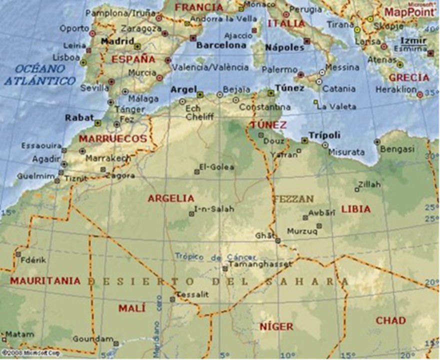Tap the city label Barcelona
(x=221, y=45)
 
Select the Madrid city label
(x=117, y=41)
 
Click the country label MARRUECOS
(x=113, y=138)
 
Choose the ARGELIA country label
(x=170, y=198)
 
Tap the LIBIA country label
(x=355, y=209)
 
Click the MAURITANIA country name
(x=45, y=280)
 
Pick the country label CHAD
(x=390, y=320)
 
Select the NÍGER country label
(x=276, y=326)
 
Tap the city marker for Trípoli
(x=304, y=140)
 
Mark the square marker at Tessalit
(x=172, y=299)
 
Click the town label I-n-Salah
(x=213, y=209)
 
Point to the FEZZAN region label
(x=293, y=198)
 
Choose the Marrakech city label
(x=108, y=158)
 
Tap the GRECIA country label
(x=408, y=77)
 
